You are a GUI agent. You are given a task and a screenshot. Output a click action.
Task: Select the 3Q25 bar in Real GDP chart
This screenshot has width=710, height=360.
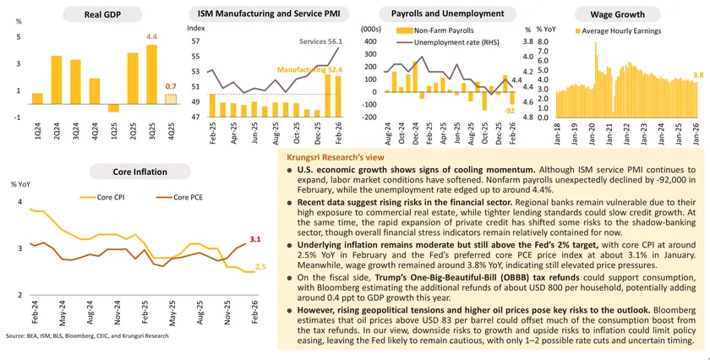[x=151, y=74]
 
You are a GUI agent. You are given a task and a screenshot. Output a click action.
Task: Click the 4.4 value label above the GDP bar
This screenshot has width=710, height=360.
[x=152, y=38]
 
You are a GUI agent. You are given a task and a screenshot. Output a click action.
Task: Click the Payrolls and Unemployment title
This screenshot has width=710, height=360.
[x=430, y=14]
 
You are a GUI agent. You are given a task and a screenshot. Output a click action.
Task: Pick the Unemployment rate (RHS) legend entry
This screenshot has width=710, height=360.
[x=439, y=41]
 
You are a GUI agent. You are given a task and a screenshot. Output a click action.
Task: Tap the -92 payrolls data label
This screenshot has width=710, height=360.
[x=510, y=110]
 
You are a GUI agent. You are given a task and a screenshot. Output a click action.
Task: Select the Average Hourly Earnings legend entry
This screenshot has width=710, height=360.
[x=620, y=30]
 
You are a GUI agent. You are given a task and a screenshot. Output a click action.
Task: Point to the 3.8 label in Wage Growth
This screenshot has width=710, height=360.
[x=698, y=75]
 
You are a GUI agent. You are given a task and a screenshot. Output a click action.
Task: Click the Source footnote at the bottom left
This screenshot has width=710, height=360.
[x=87, y=336]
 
